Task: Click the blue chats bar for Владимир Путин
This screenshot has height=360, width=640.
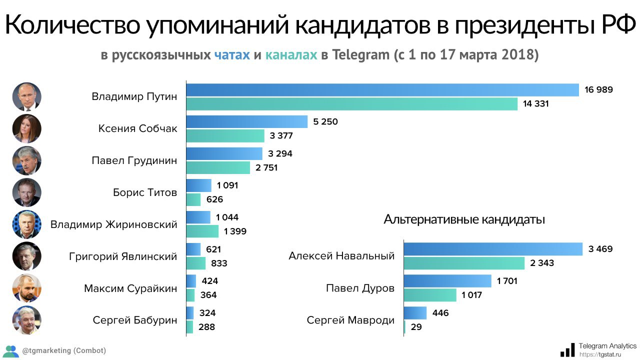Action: coord(382,90)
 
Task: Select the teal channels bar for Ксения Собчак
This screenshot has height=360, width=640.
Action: coord(225,135)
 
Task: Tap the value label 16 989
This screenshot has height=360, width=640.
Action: coord(598,90)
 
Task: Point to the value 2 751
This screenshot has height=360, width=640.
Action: coord(266,167)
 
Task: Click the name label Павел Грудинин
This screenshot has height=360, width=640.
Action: coord(134,160)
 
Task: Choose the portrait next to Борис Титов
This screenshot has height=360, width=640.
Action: coord(26,192)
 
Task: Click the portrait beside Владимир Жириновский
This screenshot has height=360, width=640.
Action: coord(26,224)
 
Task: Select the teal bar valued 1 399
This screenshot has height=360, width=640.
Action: coord(202,231)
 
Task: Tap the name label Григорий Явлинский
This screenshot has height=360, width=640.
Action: coord(123,256)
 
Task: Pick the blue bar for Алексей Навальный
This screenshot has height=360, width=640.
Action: coord(493,249)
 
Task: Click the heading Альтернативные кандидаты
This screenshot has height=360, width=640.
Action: coord(464,219)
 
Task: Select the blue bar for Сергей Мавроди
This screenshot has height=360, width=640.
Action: coord(415,313)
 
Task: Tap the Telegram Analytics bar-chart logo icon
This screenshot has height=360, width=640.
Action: coord(567,349)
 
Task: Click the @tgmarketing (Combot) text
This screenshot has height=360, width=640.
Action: coord(64,350)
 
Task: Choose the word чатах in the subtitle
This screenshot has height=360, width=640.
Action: coord(232,54)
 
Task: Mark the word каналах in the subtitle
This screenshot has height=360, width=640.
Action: coord(291,54)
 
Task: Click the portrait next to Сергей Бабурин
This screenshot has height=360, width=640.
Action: coord(26,320)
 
